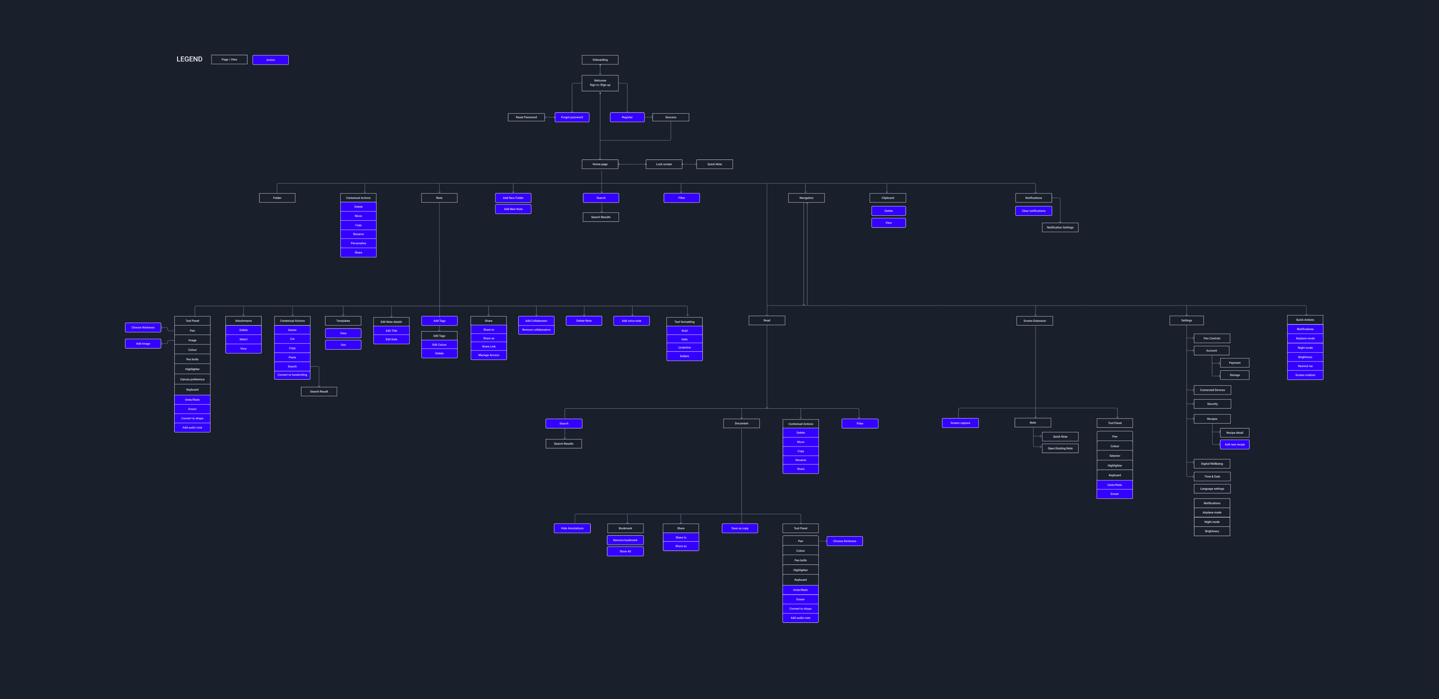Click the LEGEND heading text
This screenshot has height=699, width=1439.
pos(189,59)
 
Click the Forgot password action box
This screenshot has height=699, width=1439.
pos(571,117)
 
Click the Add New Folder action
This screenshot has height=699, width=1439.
pos(513,198)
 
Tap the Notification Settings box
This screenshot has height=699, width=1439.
pos(1060,227)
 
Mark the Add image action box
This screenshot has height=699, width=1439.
pos(143,344)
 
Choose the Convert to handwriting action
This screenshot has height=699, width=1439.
pos(292,375)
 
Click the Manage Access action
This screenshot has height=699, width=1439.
pos(488,355)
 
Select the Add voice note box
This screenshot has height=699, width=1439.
pos(631,321)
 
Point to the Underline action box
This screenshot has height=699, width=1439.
pos(684,347)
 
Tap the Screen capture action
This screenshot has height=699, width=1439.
pos(960,423)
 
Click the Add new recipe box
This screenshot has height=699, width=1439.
pos(1235,445)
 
